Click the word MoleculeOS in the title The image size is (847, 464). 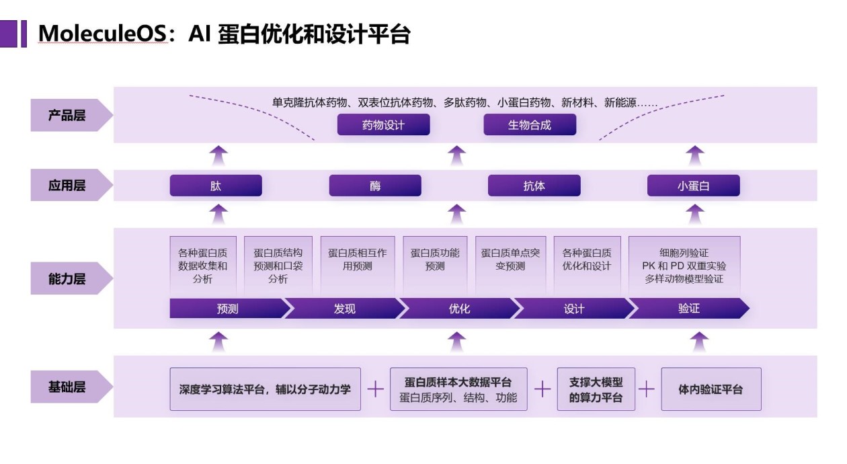tap(102, 34)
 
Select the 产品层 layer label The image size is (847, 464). tap(67, 115)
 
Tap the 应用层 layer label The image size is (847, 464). tap(67, 185)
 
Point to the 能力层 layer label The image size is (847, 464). tap(67, 278)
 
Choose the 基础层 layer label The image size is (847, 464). tap(67, 387)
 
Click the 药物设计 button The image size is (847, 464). tap(383, 124)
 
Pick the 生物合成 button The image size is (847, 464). tap(530, 124)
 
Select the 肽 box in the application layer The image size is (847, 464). tap(216, 186)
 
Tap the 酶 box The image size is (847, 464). tap(375, 186)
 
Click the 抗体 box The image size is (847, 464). tap(534, 186)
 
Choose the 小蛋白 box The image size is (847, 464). tap(693, 186)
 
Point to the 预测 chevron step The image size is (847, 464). tap(227, 309)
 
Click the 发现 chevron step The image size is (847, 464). tap(344, 309)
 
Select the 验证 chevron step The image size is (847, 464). tap(689, 309)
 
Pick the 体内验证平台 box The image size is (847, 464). tap(711, 389)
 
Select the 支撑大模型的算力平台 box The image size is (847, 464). tap(596, 389)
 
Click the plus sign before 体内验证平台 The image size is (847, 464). tap(647, 389)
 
